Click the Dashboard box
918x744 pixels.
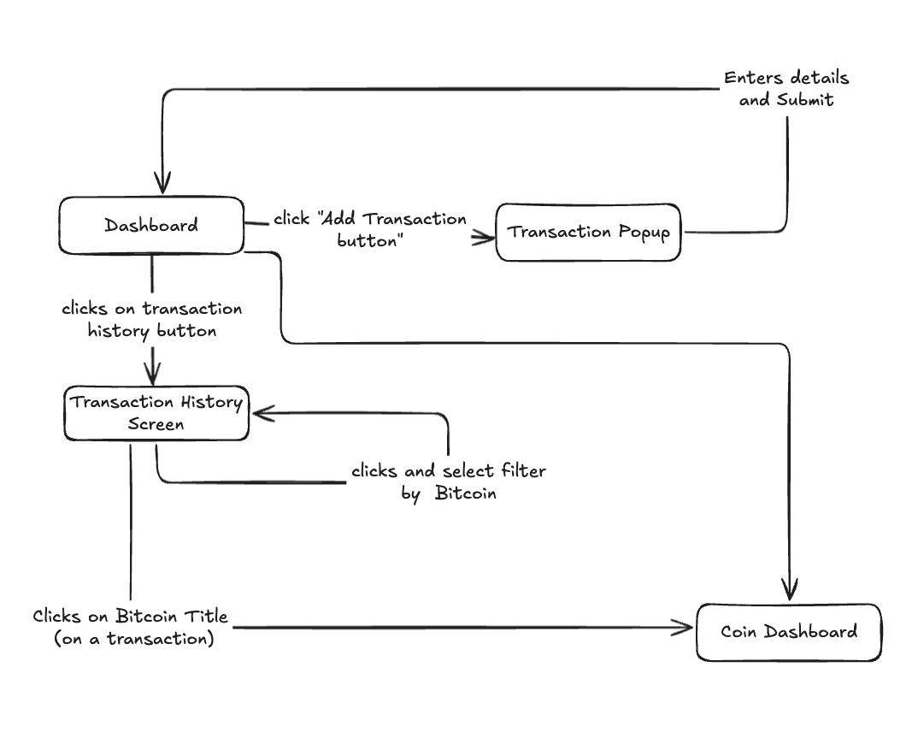151,226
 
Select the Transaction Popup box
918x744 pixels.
588,232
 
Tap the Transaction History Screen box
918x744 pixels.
156,413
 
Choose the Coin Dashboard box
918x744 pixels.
788,633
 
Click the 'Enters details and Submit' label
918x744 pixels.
786,88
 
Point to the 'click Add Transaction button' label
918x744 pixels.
370,230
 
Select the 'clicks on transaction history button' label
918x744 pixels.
152,319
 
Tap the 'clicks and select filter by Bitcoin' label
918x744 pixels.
448,481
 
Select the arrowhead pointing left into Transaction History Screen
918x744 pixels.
261,414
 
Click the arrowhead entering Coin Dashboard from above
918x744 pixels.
789,590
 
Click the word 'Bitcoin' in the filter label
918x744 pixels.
465,493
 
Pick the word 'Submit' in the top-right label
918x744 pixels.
805,100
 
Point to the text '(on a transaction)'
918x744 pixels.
133,639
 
